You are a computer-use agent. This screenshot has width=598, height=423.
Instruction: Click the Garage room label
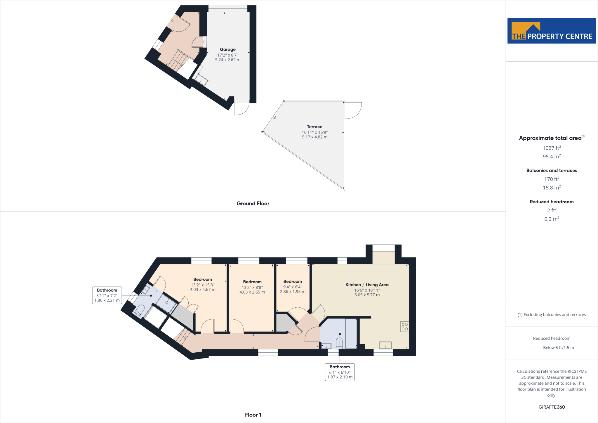pos(228,50)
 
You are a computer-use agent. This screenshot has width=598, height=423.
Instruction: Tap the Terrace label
pos(314,127)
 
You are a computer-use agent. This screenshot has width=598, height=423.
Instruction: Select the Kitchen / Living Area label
pos(367,285)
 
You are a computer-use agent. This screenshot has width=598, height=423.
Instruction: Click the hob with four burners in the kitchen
pos(404,327)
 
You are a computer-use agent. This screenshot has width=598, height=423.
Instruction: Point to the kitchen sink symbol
pos(385,345)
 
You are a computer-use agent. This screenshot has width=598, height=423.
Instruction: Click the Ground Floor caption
pos(253,204)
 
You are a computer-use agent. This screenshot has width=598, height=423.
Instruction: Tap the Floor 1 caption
pos(253,415)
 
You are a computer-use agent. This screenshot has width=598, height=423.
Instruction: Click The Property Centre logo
pos(552,31)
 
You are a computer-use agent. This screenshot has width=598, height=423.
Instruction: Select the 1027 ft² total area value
pos(552,148)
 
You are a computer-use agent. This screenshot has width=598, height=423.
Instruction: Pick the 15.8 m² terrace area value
pos(552,188)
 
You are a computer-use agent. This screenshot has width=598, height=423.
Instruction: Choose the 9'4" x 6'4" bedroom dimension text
pos(293,287)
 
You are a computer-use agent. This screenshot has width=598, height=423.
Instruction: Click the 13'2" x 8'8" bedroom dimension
pos(252,287)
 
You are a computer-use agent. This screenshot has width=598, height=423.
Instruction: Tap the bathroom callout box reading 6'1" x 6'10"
pos(340,372)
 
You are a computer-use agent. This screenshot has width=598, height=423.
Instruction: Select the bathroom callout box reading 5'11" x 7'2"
pos(107,295)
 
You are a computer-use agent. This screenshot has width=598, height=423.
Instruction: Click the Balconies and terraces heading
pos(552,171)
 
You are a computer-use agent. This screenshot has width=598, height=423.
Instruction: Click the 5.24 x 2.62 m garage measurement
pos(228,60)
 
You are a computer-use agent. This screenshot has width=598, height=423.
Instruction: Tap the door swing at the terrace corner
pos(354,110)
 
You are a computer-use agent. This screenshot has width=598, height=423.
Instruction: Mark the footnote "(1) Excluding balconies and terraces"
pos(552,315)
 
